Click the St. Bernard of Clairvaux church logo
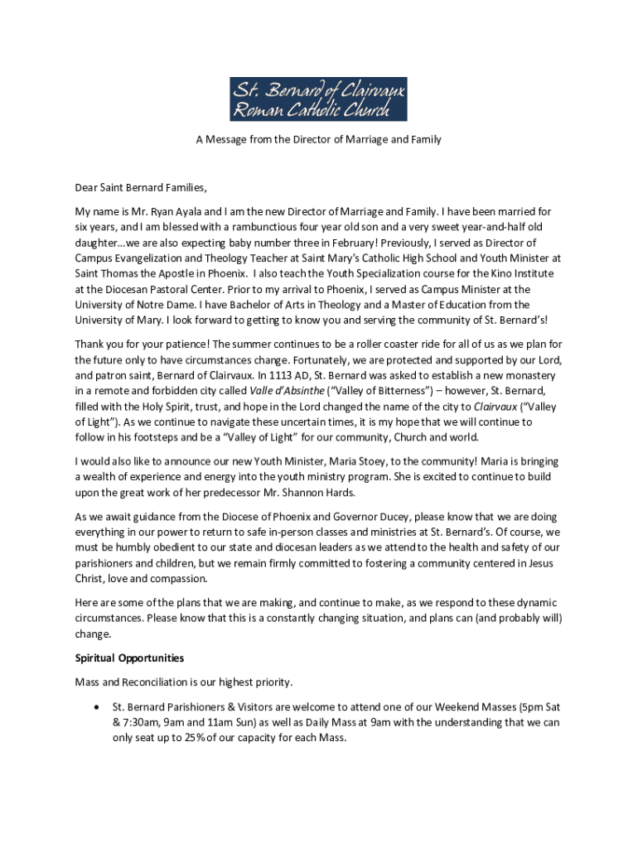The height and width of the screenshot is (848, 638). click(318, 99)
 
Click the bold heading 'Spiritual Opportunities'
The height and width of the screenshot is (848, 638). click(129, 658)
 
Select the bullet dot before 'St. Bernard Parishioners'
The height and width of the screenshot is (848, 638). click(98, 709)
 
